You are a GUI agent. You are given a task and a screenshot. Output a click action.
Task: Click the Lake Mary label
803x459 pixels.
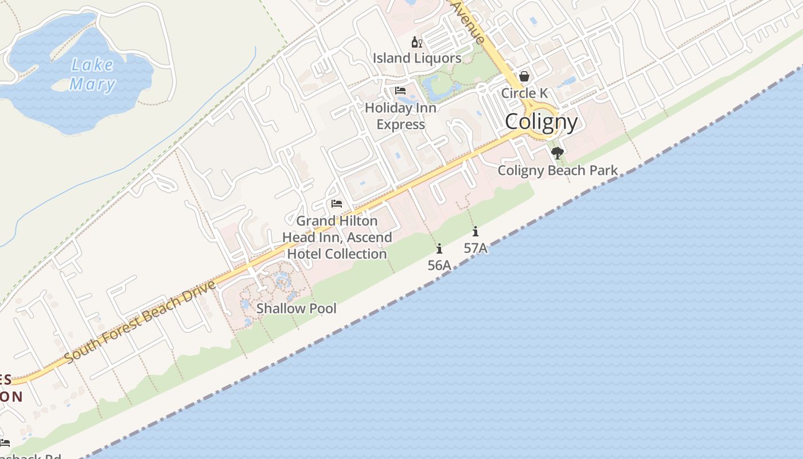pyautogui.click(x=92, y=75)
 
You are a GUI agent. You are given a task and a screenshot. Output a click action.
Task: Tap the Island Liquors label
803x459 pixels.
pyautogui.click(x=417, y=58)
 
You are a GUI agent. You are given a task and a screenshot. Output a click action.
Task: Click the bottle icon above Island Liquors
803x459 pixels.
pyautogui.click(x=417, y=42)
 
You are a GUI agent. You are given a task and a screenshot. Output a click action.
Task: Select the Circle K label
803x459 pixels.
pyautogui.click(x=524, y=93)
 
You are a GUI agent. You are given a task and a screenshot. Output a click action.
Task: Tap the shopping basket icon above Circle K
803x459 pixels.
pyautogui.click(x=524, y=76)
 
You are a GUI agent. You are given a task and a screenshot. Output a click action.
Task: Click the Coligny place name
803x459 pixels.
pyautogui.click(x=541, y=122)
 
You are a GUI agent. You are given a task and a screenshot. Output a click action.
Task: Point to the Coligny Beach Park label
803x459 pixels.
pyautogui.click(x=558, y=170)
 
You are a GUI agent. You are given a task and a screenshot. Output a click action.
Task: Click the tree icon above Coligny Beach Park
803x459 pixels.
pyautogui.click(x=558, y=153)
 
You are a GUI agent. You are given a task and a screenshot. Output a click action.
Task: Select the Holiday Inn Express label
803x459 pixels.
pyautogui.click(x=400, y=116)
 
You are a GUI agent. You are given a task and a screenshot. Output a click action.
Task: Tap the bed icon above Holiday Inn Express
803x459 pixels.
pyautogui.click(x=400, y=91)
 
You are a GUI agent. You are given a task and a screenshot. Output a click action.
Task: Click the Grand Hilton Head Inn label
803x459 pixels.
pyautogui.click(x=337, y=237)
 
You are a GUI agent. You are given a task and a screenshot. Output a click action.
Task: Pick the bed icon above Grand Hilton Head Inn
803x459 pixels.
pyautogui.click(x=337, y=204)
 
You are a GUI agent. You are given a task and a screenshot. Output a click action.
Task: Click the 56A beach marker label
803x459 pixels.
pyautogui.click(x=439, y=265)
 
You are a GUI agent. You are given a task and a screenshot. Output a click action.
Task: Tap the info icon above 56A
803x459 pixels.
pyautogui.click(x=439, y=248)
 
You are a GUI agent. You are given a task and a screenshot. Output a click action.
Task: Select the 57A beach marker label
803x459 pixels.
pyautogui.click(x=475, y=248)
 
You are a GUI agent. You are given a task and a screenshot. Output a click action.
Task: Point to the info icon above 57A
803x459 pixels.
pyautogui.click(x=475, y=232)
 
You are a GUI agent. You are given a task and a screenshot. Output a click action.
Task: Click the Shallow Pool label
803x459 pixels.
pyautogui.click(x=296, y=308)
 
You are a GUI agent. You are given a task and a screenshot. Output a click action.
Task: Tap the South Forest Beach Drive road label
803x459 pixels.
pyautogui.click(x=140, y=321)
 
